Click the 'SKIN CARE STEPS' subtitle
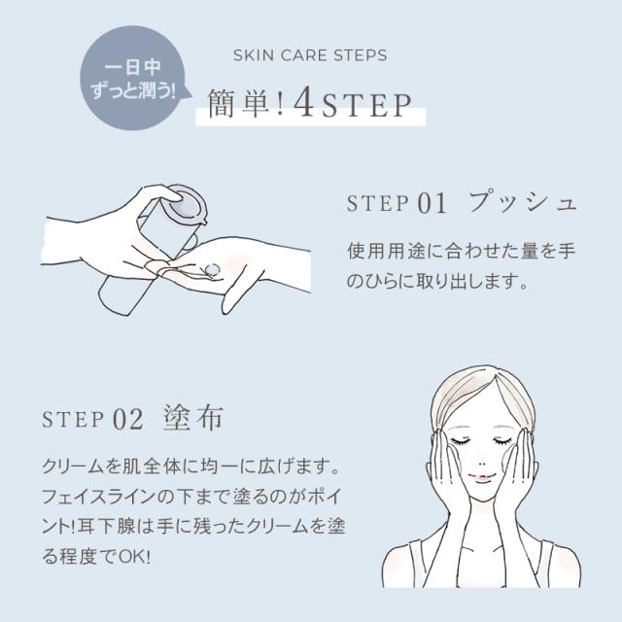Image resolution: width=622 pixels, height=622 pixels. point(310,54)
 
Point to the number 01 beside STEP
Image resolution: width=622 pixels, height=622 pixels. point(432,204)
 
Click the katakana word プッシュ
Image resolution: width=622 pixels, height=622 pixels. point(522,203)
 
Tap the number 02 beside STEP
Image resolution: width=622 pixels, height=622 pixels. point(128,420)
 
